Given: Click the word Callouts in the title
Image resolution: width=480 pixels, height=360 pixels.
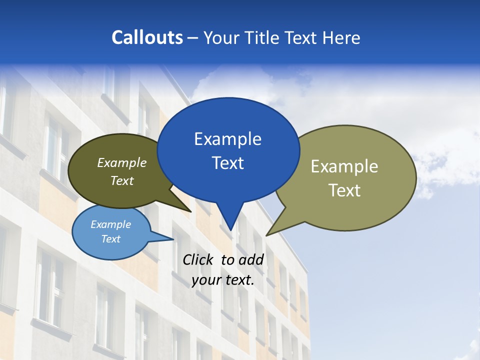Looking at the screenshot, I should click(147, 37).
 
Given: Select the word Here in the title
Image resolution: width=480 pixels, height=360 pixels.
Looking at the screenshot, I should click(340, 37).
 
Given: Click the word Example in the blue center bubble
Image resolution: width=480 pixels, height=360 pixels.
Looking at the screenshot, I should click(227, 139).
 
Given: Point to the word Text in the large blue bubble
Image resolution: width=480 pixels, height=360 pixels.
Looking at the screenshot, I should click(227, 163).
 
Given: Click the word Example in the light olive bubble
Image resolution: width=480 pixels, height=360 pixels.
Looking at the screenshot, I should click(344, 166).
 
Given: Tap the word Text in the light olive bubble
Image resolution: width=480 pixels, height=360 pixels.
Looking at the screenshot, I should click(344, 190).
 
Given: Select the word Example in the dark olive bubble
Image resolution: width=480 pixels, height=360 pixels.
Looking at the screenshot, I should click(122, 162).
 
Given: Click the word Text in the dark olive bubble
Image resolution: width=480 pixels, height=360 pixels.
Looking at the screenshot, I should click(122, 180).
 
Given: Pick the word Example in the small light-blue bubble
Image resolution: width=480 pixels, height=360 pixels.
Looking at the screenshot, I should click(110, 224).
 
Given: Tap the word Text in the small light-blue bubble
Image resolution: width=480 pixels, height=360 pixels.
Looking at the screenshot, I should click(110, 239).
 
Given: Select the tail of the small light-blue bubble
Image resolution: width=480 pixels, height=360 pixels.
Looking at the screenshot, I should click(162, 237).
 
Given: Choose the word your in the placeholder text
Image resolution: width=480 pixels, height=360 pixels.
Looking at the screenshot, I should click(206, 280).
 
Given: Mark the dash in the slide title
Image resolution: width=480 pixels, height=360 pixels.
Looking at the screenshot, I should click(193, 38).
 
